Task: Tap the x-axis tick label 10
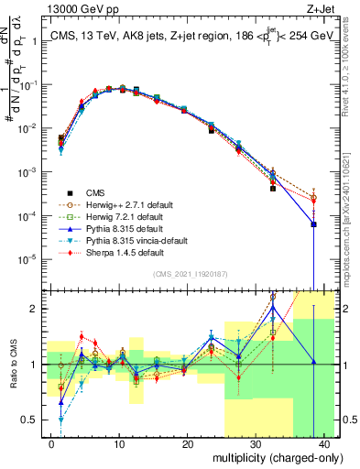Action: (x=119, y=443)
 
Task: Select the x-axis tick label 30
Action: (x=256, y=443)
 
